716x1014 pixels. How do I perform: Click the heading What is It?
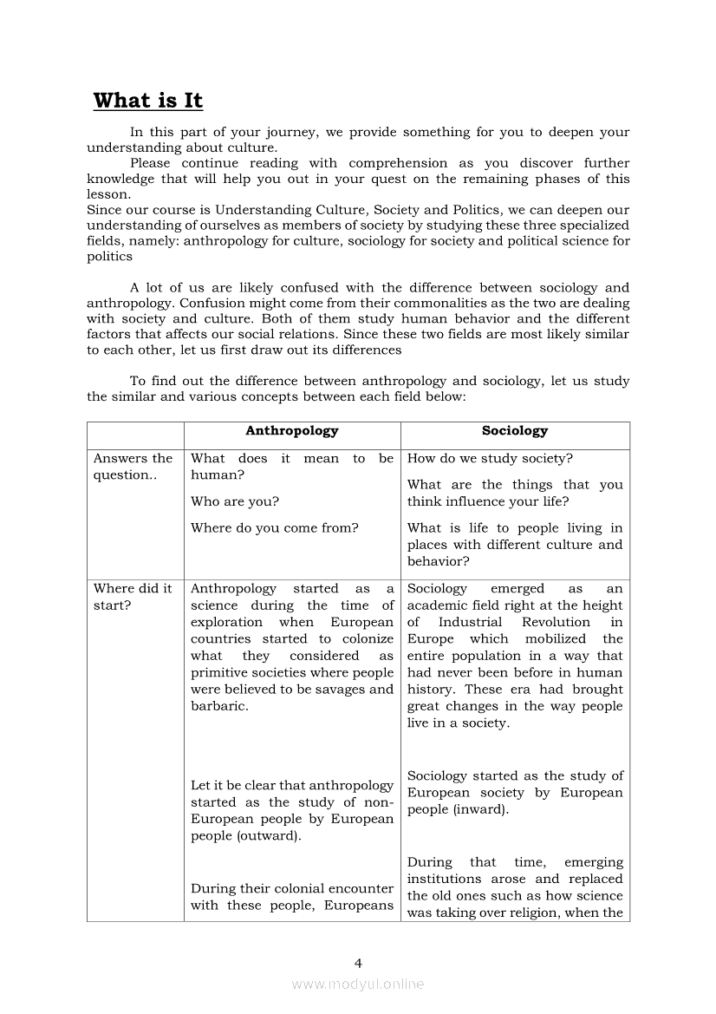[148, 101]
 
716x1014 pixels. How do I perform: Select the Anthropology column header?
[291, 431]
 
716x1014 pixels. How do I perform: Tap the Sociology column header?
[515, 431]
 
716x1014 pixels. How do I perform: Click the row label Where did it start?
[133, 597]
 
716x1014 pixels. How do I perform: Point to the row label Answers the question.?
[133, 467]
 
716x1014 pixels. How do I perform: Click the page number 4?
[358, 963]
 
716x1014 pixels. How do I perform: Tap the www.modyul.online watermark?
[358, 984]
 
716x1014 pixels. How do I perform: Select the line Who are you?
[235, 501]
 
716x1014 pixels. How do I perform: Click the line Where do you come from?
[274, 527]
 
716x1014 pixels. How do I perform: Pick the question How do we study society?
[490, 459]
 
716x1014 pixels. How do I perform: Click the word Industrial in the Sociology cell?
[470, 622]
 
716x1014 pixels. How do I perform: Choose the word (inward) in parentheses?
[479, 810]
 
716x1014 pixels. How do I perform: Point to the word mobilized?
[556, 639]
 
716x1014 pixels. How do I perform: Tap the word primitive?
[220, 673]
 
